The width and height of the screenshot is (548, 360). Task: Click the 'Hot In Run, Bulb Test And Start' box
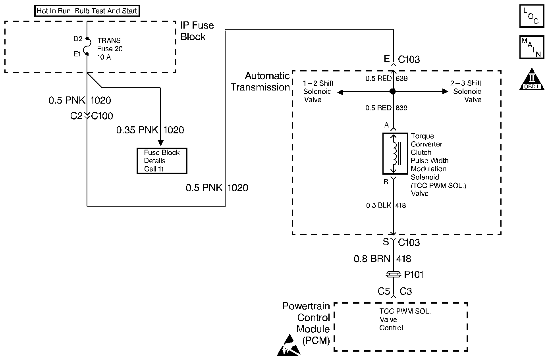point(87,11)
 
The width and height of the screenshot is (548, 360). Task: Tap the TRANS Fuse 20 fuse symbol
point(87,47)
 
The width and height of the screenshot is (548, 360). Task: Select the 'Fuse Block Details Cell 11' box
point(162,161)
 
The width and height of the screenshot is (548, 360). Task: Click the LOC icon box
point(531,16)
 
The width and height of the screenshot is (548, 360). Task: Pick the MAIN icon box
point(531,47)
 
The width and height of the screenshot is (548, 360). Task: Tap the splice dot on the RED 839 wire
point(393,92)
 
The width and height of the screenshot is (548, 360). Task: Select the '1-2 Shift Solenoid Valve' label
point(318,91)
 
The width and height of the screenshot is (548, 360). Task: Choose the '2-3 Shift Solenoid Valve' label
point(466,91)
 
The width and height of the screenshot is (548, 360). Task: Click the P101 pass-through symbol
point(393,274)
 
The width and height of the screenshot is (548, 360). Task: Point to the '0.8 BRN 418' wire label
point(382,259)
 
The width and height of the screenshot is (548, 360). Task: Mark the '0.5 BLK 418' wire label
point(386,205)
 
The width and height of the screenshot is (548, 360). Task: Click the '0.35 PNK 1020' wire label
point(150,130)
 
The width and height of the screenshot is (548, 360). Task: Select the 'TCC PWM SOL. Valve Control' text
point(404,320)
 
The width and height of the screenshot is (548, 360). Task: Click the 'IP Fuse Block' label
point(197,31)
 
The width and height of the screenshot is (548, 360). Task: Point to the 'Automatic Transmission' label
point(260,81)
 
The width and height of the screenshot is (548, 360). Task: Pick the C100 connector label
point(102,116)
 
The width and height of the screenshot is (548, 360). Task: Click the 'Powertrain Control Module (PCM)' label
point(306,323)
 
